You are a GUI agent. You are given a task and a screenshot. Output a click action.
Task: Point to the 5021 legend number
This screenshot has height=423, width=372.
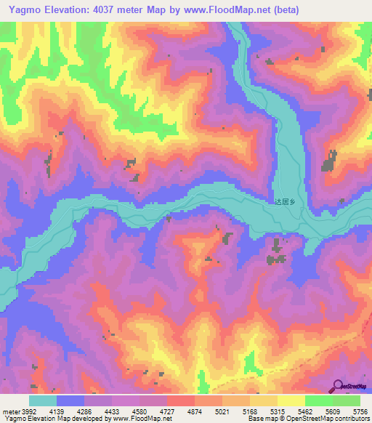(x=243, y=410)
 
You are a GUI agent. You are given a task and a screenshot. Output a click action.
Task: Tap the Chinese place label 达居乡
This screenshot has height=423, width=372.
(x=287, y=203)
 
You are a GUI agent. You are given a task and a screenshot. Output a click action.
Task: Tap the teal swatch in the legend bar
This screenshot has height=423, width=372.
(x=43, y=400)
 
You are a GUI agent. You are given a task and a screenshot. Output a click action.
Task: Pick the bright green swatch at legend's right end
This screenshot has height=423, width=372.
(x=346, y=400)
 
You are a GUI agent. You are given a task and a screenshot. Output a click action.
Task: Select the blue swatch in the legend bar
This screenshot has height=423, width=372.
(x=70, y=400)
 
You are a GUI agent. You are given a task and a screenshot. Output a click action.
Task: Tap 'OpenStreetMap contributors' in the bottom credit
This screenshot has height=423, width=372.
(x=328, y=419)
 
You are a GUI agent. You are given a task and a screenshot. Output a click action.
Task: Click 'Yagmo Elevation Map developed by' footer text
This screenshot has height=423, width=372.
(x=47, y=419)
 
